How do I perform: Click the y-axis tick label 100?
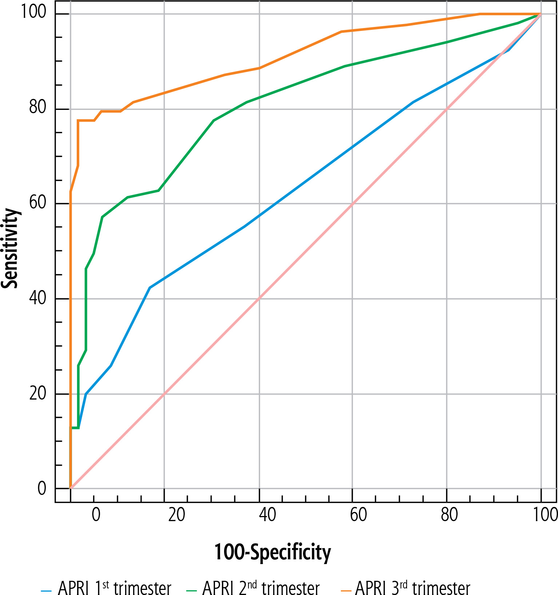tap(33, 12)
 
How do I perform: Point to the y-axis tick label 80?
tap(38, 107)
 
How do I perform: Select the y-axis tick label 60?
tap(38, 202)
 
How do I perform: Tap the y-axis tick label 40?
tap(38, 298)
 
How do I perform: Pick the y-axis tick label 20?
tap(38, 393)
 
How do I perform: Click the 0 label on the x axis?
tap(96, 515)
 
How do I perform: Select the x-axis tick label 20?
tap(177, 515)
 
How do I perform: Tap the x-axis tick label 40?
tap(267, 515)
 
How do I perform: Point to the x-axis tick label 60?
tap(358, 515)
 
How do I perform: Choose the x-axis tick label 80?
tap(449, 515)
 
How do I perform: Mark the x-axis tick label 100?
tap(545, 515)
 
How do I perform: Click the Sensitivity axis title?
tap(10, 248)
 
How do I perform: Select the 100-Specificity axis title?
tap(272, 552)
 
